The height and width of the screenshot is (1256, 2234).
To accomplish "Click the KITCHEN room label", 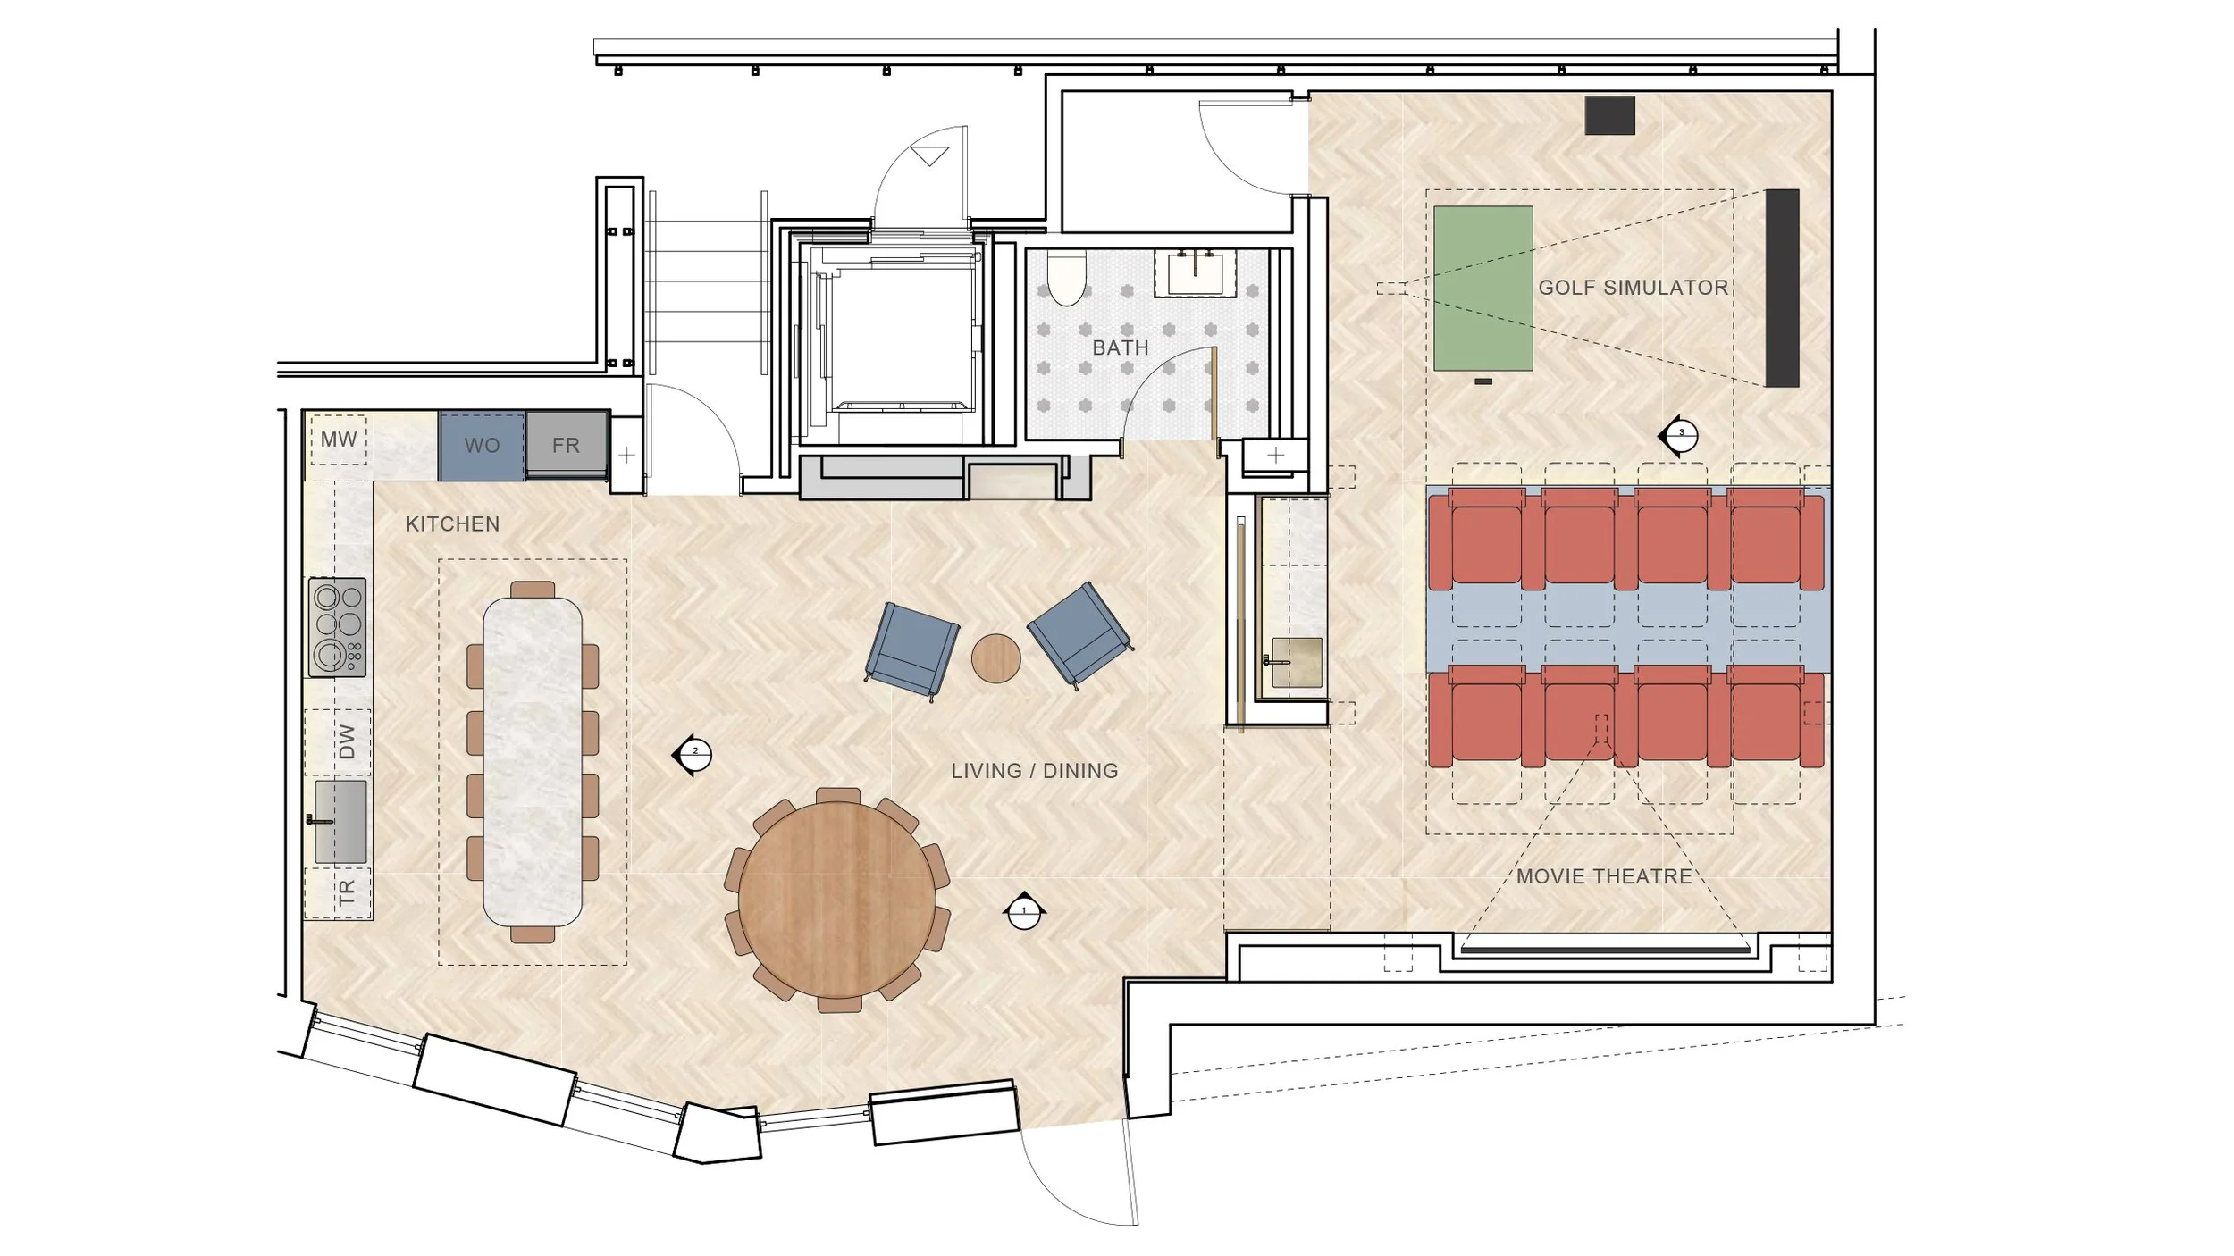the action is coord(452,524).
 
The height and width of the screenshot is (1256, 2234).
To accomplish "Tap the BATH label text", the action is coord(1121,347).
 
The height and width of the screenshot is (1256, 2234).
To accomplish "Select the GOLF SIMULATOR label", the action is coord(1633,288).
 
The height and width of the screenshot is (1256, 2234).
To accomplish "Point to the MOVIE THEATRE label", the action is coord(1604,876).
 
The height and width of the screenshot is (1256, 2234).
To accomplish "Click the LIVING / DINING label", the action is coord(1034,771).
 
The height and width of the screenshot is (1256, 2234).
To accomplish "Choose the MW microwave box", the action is coord(339,440).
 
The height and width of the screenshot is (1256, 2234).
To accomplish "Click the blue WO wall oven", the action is coord(482,445).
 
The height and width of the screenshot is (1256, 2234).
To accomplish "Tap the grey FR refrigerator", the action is coord(567,445).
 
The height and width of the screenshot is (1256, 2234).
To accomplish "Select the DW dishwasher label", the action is coord(347,741).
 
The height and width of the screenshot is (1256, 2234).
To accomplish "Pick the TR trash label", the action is coord(347,892).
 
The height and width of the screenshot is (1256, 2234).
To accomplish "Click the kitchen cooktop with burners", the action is coord(337,627).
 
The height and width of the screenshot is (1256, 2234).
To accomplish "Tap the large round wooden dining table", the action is coord(837,900).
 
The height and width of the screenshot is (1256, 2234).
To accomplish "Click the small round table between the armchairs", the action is coord(995,658).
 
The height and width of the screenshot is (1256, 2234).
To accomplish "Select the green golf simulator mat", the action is coord(1483,289).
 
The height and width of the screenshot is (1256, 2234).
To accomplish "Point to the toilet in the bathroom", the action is coord(1065,277).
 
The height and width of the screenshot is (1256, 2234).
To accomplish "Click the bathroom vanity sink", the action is coord(1196,272).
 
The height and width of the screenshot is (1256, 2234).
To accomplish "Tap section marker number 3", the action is coord(1680,436).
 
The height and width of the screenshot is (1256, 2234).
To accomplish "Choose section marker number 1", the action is coord(1024,911).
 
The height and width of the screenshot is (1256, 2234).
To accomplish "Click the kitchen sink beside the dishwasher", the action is coord(340,821).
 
